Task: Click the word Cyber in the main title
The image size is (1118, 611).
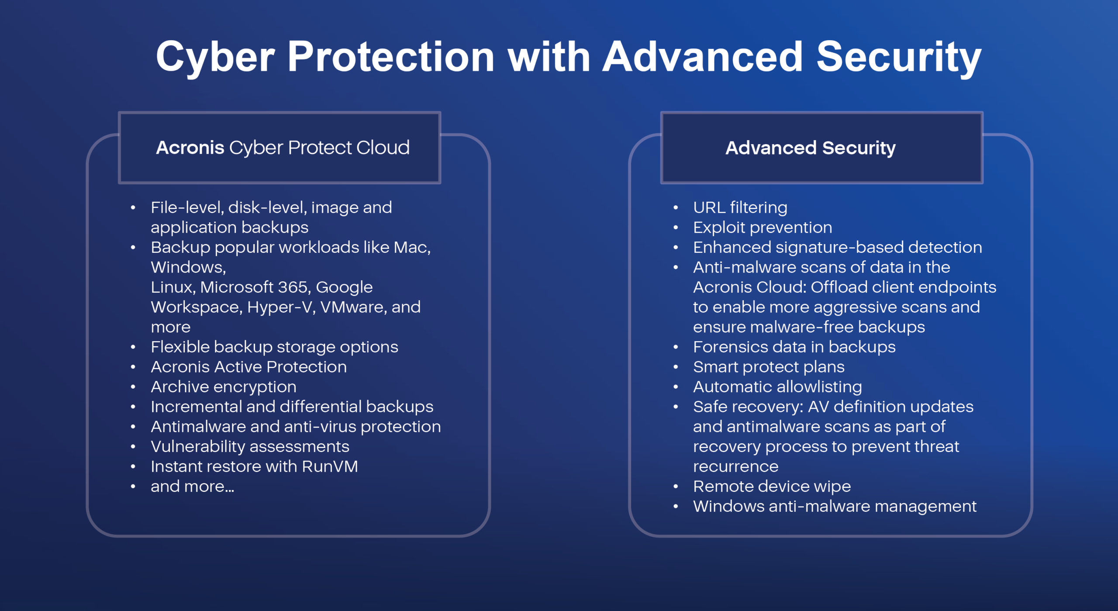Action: (216, 58)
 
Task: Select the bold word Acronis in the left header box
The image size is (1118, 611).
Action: (190, 148)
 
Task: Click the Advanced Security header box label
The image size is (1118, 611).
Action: (811, 148)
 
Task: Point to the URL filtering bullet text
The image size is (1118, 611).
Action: (740, 207)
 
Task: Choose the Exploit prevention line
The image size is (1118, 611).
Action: (763, 228)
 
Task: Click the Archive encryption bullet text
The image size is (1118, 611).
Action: (224, 387)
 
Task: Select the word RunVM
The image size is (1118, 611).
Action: (330, 466)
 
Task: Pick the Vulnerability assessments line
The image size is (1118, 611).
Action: (250, 447)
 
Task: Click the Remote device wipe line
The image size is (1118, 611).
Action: (772, 487)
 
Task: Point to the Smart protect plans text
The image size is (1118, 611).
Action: (769, 367)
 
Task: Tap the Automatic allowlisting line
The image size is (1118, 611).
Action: (777, 387)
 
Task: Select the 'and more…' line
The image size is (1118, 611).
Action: (193, 487)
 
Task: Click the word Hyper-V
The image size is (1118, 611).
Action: (281, 307)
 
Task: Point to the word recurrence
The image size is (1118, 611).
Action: (736, 467)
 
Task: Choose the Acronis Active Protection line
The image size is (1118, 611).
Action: (249, 367)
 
